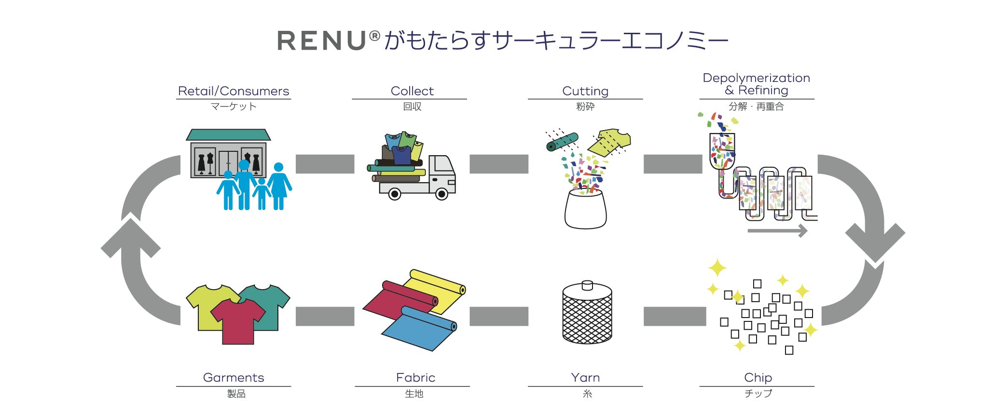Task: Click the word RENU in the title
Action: (322, 40)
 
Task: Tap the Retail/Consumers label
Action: (234, 91)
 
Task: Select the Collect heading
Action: (412, 91)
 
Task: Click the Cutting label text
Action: (585, 91)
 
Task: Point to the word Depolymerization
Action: (756, 78)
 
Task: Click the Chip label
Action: (758, 378)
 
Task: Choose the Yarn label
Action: (585, 378)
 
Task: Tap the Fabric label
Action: (415, 378)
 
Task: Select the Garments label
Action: (234, 378)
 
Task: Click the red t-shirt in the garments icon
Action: (237, 320)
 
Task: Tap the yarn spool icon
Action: (587, 313)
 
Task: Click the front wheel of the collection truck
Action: (441, 194)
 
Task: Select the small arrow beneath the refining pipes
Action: (777, 231)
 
